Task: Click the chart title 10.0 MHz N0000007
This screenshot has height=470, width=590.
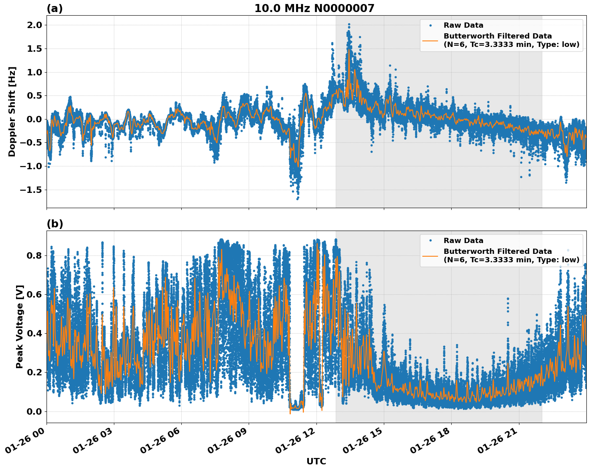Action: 314,8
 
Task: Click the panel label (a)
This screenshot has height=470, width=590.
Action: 55,8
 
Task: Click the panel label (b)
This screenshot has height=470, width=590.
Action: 55,224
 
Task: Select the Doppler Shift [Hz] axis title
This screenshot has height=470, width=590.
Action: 12,111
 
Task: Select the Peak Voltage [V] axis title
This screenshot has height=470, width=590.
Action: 20,326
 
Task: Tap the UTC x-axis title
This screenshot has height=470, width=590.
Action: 316,461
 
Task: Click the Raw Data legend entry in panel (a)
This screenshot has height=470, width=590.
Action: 463,25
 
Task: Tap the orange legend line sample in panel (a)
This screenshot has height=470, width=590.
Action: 430,41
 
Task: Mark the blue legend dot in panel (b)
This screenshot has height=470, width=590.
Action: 430,241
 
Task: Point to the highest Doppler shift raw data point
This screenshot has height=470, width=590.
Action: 349,24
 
